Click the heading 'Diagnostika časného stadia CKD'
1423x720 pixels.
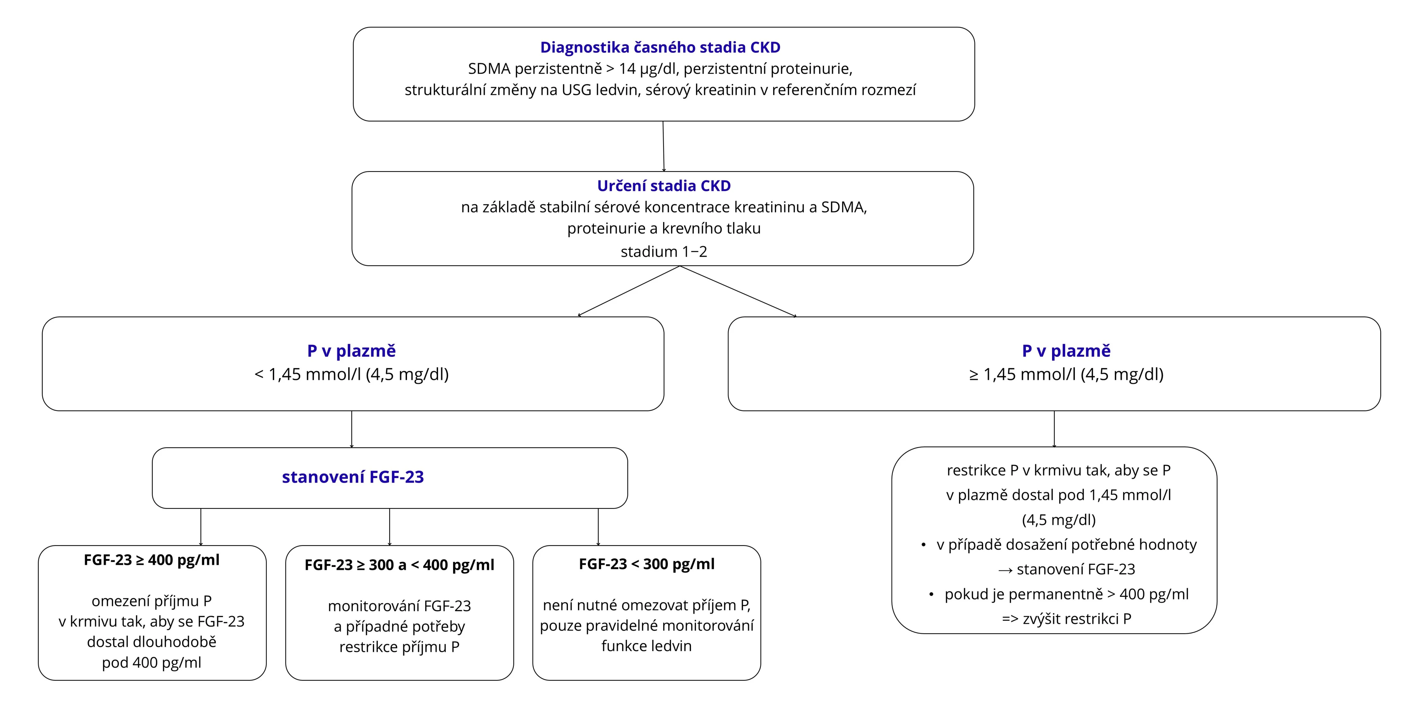click(x=660, y=47)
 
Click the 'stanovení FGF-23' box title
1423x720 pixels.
click(x=353, y=477)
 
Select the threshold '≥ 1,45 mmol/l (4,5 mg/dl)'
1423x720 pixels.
click(x=1066, y=375)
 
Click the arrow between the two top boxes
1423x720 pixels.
click(x=663, y=146)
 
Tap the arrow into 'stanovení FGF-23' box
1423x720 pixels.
click(x=352, y=429)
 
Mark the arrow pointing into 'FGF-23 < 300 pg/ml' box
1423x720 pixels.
click(x=598, y=527)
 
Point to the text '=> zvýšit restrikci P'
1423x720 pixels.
click(x=1066, y=619)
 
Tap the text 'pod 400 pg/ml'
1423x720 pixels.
click(x=151, y=662)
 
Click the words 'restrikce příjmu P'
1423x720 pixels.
click(x=399, y=647)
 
